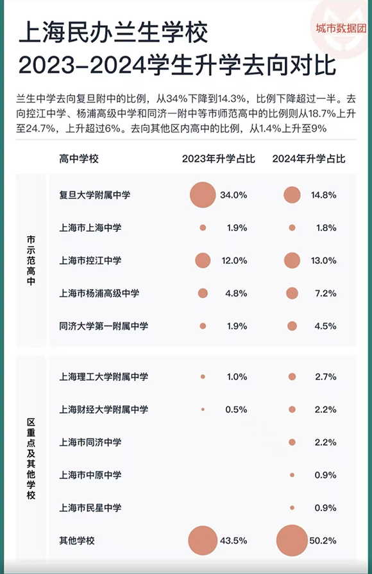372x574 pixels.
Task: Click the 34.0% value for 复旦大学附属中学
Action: coord(233,195)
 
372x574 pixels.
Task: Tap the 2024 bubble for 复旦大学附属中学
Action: coord(292,195)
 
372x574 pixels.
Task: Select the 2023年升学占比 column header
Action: coord(218,159)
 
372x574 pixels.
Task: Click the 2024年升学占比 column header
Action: coord(309,159)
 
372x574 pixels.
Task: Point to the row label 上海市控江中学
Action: coord(90,261)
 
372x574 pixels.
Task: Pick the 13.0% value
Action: coord(323,261)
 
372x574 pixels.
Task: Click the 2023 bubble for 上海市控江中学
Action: coord(203,261)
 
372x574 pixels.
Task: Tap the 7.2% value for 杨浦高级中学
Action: coord(326,293)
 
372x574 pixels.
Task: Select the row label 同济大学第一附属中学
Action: coord(103,326)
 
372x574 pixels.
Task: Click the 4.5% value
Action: coord(325,326)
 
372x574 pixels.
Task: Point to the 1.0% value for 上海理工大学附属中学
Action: coord(237,377)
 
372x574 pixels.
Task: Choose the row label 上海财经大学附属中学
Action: coord(103,409)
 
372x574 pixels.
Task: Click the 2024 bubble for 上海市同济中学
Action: coord(292,442)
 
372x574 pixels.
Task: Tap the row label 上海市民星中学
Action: coord(90,508)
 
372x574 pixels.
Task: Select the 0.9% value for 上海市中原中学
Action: coord(325,475)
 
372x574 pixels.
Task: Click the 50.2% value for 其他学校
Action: coord(323,541)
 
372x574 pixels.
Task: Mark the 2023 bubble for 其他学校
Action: coord(203,541)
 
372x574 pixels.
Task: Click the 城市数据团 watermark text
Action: coord(341,28)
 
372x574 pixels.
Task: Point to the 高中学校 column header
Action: coord(79,159)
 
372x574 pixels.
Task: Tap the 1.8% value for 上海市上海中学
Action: coord(326,228)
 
